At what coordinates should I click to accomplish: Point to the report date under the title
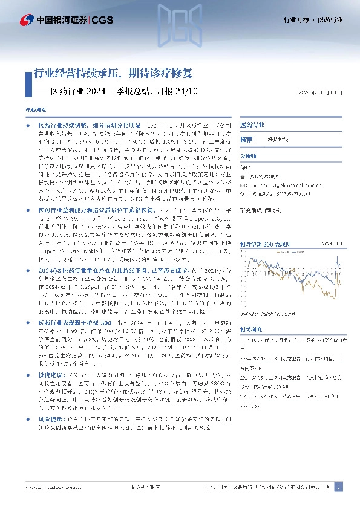pyautogui.click(x=321, y=93)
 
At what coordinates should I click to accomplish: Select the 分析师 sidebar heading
pyautogui.click(x=249, y=155)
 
